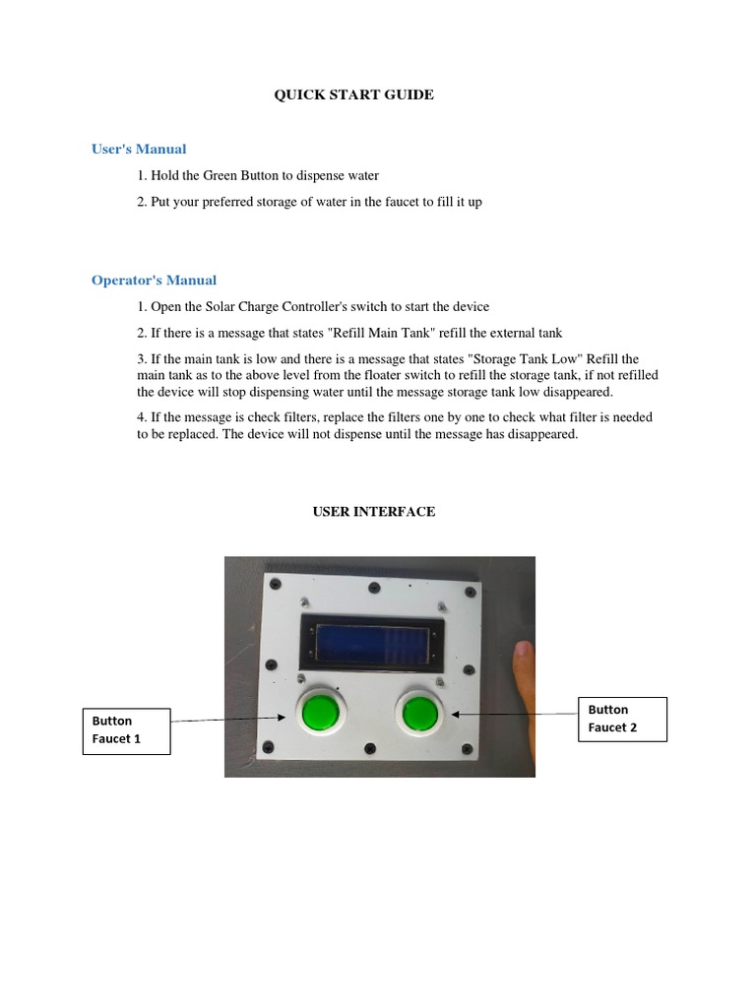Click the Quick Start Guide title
pos(352,95)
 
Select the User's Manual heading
pos(139,150)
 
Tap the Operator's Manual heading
pos(154,281)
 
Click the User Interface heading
pos(374,512)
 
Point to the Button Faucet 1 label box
pos(126,730)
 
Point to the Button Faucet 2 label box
pos(622,719)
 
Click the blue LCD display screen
pos(373,644)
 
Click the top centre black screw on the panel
pos(374,588)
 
